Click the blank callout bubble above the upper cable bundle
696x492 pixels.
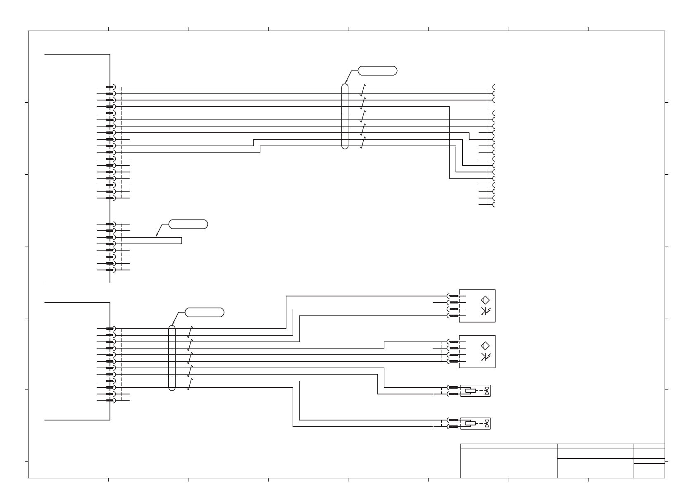pos(377,70)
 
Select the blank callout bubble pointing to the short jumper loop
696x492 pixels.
pos(188,225)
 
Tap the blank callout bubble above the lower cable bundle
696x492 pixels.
pos(204,312)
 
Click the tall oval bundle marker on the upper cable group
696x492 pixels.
pos(345,116)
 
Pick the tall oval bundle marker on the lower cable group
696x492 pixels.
pos(172,358)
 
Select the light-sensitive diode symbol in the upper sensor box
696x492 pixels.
pos(486,311)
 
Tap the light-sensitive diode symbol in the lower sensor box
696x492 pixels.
pos(486,357)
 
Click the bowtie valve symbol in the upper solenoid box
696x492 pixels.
pos(487,390)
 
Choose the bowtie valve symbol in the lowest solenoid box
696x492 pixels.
pos(487,423)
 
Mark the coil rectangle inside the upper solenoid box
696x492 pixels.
pos(470,390)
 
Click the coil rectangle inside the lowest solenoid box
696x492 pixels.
pos(470,423)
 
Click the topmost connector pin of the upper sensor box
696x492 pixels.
pos(453,296)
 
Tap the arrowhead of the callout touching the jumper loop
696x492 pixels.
pos(156,236)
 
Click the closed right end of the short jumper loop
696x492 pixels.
pos(181,240)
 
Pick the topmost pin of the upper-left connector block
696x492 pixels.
pos(110,87)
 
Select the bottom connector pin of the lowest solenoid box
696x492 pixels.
pos(453,427)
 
